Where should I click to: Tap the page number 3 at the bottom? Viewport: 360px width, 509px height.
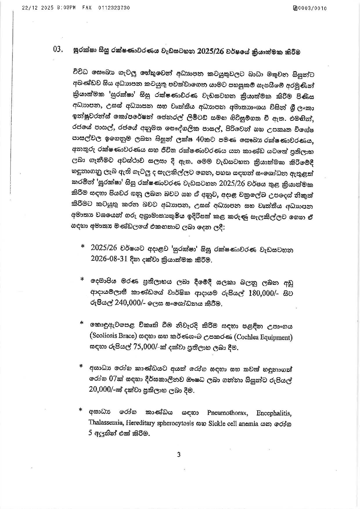179,454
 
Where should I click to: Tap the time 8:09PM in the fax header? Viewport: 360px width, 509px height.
67,8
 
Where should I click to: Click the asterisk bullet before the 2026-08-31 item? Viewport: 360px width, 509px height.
83,246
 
